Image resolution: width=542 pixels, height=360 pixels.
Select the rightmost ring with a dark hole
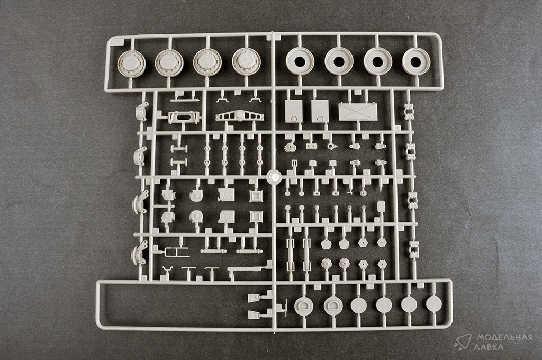(416, 61)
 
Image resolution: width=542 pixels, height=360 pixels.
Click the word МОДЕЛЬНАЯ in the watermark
(504, 337)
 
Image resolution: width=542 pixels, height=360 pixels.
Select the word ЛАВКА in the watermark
(490, 347)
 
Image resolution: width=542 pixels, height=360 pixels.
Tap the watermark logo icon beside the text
(463, 342)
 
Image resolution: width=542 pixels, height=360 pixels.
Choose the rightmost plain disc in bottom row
(434, 304)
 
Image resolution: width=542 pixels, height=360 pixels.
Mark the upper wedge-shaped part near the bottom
(255, 298)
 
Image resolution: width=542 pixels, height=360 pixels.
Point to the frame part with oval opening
(183, 118)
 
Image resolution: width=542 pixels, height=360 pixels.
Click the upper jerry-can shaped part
(227, 195)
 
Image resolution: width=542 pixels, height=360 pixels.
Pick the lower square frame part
(256, 217)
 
